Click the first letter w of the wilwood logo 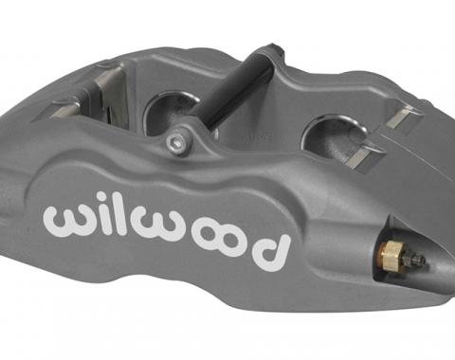(64, 218)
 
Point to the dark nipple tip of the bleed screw (418, 260)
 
